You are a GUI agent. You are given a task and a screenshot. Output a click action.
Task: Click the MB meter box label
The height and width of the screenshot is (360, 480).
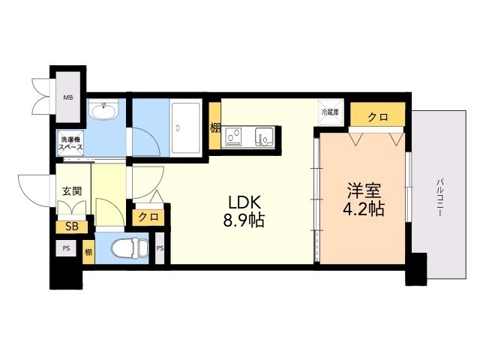pos(68,97)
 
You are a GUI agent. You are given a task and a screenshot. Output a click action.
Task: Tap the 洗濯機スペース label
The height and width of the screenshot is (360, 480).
pos(72,143)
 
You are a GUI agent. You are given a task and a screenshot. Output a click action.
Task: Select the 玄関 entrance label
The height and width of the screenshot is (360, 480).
pos(72,190)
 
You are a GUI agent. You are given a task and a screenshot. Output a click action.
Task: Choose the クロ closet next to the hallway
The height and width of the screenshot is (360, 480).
pos(148,217)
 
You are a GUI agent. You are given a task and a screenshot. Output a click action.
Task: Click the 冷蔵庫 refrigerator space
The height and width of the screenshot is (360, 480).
pos(330,112)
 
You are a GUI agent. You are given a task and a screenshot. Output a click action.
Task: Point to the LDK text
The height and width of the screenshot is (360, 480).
pos(246,203)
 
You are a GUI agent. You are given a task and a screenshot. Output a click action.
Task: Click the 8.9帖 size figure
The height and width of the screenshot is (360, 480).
pos(246,221)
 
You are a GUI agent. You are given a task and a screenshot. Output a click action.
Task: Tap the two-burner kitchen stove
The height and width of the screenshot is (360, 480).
pos(235,136)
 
